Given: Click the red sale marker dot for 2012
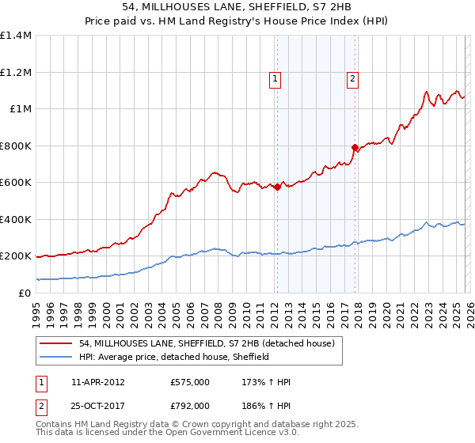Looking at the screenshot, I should (277, 187).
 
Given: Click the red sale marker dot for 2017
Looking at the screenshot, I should (355, 147).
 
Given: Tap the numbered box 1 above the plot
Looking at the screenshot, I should (274, 78).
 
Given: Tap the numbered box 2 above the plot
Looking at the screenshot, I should (351, 78).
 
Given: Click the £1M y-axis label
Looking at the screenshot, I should (21, 109).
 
